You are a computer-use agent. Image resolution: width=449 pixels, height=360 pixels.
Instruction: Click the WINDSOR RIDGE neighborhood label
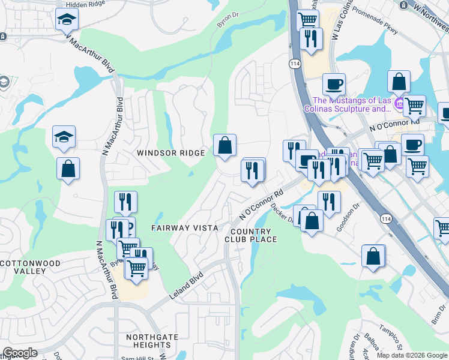click(171, 153)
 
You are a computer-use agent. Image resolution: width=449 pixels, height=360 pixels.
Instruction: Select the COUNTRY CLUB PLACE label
click(251, 235)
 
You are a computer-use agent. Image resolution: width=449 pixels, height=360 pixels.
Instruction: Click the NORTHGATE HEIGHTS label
click(148, 341)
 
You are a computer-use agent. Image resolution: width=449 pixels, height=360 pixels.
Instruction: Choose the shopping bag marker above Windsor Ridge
click(224, 145)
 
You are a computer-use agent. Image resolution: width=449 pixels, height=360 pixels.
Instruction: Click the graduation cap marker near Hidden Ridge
click(67, 20)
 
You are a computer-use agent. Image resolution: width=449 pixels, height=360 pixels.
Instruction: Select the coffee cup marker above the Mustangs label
click(334, 84)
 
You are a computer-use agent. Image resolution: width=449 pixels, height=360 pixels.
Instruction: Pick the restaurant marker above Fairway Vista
click(125, 202)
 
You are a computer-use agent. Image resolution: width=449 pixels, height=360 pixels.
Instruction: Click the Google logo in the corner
click(20, 353)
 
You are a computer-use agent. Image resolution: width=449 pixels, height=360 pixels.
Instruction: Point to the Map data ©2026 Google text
click(411, 355)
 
